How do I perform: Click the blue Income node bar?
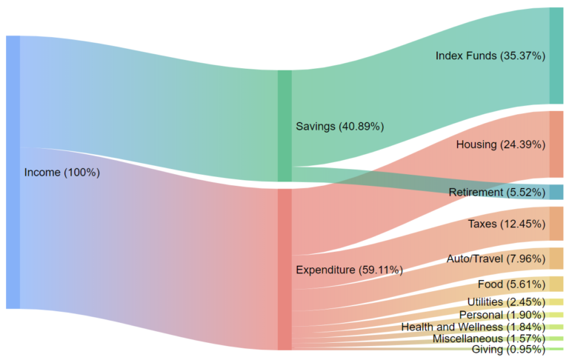click(x=13, y=172)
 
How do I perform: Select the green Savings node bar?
click(x=284, y=126)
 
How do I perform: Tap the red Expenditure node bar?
click(x=284, y=269)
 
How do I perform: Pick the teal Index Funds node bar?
click(x=556, y=56)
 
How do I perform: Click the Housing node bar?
click(x=556, y=144)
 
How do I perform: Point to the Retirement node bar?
click(x=556, y=193)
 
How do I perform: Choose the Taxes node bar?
click(x=556, y=224)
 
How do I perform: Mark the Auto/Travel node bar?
click(x=556, y=259)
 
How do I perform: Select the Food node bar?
click(x=556, y=284)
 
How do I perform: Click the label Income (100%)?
click(x=62, y=172)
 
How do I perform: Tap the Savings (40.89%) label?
click(x=339, y=126)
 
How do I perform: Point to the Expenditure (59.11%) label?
click(x=349, y=270)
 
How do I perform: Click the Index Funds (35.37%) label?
click(x=490, y=56)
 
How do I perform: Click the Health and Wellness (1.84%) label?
click(x=473, y=327)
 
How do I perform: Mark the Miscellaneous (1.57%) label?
click(x=488, y=338)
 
